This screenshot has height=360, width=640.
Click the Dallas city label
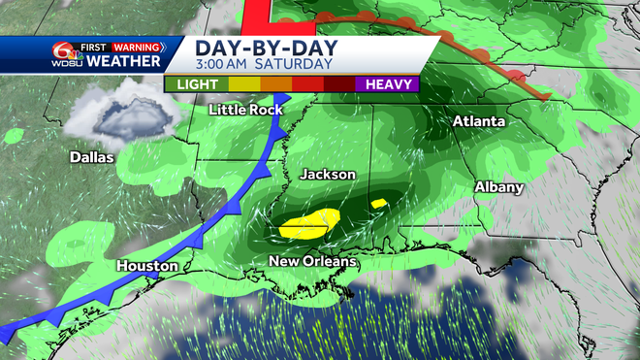tap(91, 157)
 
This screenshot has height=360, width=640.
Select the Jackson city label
tap(328, 175)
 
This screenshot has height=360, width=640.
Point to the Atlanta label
tap(478, 122)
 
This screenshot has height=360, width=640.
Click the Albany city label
tap(499, 186)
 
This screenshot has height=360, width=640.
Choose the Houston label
tap(146, 265)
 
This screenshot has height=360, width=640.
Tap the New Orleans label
tap(313, 262)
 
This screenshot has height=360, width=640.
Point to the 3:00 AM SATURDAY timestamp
tap(262, 65)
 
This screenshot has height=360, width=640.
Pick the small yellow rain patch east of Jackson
tap(379, 203)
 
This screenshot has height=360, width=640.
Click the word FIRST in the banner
tap(95, 46)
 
